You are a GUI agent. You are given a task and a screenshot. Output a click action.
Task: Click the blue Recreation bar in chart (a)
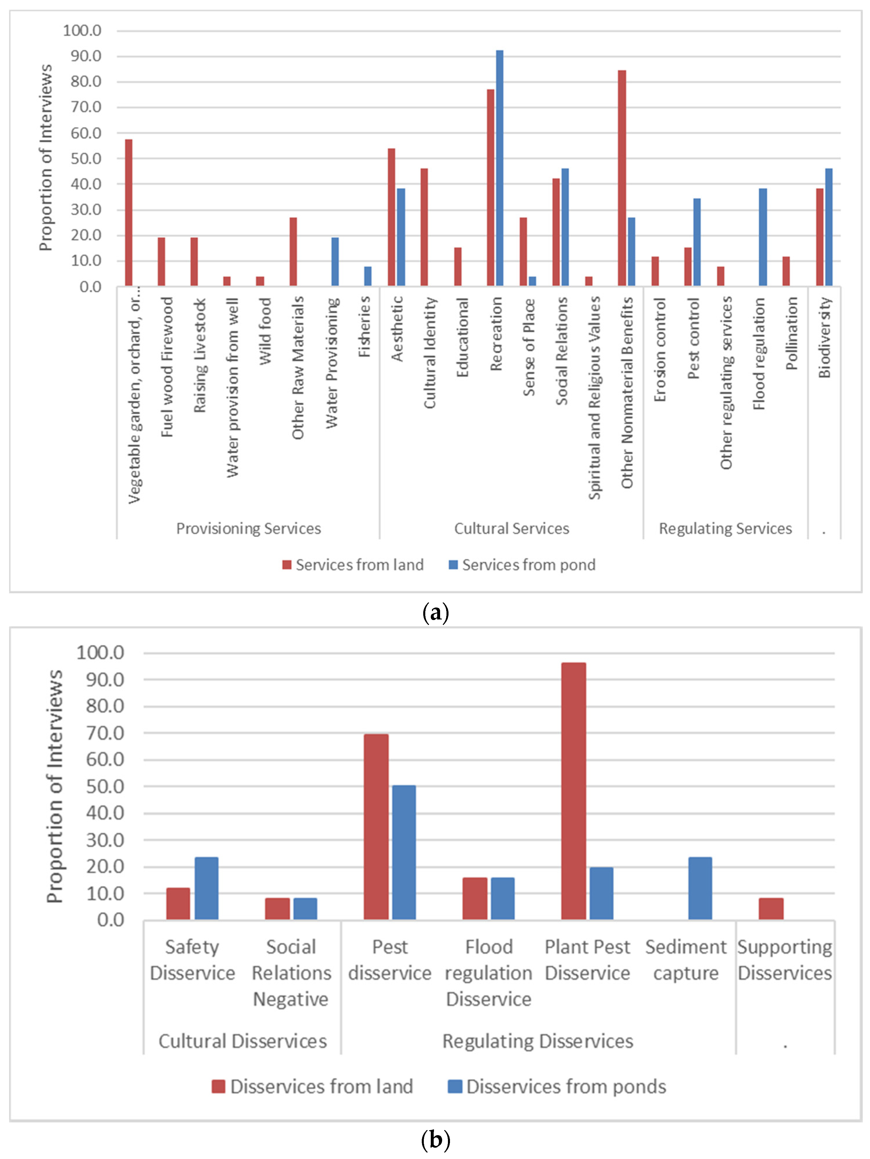coord(499,168)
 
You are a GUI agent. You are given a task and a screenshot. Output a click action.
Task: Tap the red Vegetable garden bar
coord(128,212)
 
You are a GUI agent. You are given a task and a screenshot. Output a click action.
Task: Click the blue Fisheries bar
coord(368,276)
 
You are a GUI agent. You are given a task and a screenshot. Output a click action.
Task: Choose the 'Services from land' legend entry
coord(353,565)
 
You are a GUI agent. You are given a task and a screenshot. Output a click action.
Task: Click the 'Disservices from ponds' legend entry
coord(557,1087)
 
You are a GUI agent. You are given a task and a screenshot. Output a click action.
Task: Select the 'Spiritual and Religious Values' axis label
coord(594,398)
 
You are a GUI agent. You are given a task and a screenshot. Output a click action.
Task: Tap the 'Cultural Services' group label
coord(512,528)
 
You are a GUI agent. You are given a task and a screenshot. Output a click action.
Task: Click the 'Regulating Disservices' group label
coord(538,1041)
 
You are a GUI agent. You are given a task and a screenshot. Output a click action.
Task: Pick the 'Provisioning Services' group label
coord(249,528)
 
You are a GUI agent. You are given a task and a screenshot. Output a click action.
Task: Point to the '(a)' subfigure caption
coord(435,612)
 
